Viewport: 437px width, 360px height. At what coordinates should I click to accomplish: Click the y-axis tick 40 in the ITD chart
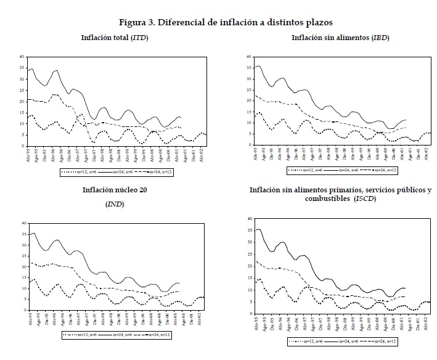click(x=22, y=57)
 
